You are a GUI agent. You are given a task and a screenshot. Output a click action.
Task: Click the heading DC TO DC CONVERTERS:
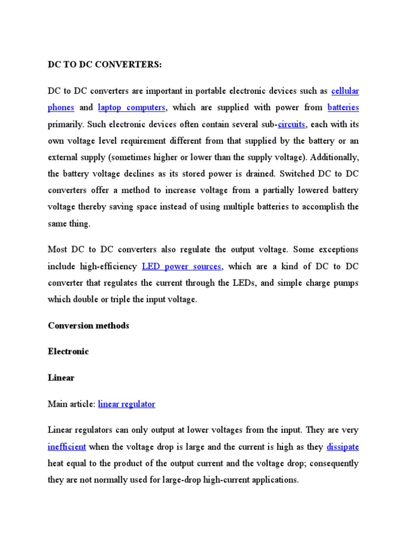click(104, 65)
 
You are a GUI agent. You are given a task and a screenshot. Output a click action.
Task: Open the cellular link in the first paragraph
click(345, 91)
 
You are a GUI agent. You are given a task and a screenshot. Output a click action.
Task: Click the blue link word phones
click(61, 108)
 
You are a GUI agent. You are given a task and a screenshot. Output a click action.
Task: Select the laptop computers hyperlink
click(132, 108)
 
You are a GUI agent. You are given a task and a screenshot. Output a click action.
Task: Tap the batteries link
click(343, 108)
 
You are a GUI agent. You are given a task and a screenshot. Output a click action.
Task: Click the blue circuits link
click(291, 124)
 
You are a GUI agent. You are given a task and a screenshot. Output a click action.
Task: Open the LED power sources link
click(181, 266)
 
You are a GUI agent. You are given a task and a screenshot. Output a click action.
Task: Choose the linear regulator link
click(127, 404)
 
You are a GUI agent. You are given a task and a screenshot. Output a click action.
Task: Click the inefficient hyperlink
click(67, 446)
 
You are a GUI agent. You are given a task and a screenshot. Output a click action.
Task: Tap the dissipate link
click(342, 446)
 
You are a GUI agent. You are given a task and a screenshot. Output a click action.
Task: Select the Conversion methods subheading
click(89, 326)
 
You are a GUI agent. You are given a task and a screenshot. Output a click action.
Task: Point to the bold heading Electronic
click(68, 352)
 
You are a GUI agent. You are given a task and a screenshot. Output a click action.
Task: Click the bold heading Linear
click(61, 378)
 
